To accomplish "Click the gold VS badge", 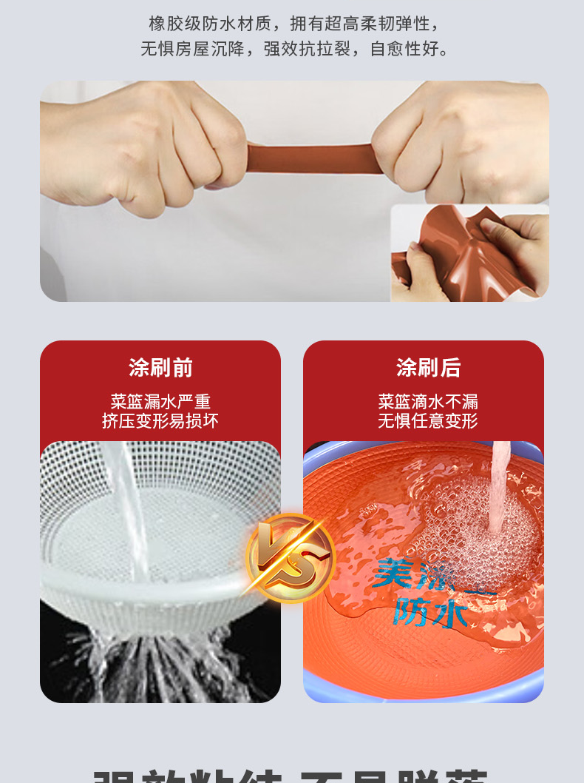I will (291, 558).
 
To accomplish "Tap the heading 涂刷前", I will (160, 368).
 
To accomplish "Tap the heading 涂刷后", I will (428, 368).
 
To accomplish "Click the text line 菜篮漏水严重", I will (160, 402).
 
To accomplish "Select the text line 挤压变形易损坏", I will (160, 421).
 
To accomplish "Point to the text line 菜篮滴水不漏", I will (428, 402).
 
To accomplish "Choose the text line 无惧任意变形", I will (428, 421).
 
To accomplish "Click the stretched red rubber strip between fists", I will (310, 157).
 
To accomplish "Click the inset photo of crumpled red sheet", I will (470, 253).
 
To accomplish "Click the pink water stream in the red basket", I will (498, 488).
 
